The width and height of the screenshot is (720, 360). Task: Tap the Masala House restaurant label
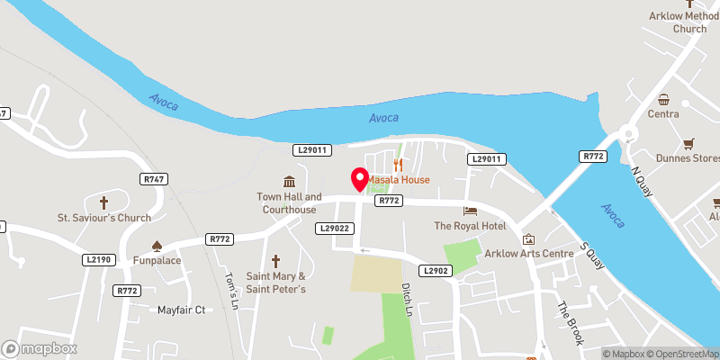398,179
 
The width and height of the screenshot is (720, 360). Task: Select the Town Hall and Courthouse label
289,203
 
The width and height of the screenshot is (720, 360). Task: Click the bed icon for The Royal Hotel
470,210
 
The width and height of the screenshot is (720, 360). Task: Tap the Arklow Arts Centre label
528,253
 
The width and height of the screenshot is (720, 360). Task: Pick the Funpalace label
156,261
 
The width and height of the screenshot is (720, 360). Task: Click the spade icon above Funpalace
156,245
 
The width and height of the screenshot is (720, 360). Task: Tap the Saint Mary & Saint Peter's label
277,283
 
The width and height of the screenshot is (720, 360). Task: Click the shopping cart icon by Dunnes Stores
689,143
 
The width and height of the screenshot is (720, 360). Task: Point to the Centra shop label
663,114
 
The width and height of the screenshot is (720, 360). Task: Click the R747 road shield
154,180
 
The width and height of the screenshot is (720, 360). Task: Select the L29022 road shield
335,229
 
